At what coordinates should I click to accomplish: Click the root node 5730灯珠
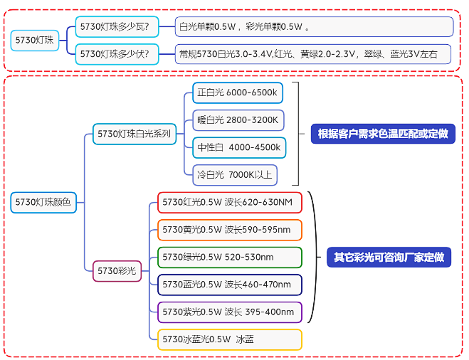coord(35,40)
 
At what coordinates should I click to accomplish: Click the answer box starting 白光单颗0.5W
coord(314,27)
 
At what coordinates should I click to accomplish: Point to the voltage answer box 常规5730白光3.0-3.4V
coord(314,53)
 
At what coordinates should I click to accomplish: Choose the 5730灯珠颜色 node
coord(43,202)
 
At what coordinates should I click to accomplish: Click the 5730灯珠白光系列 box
coord(135,134)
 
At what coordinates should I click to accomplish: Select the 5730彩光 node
coord(117,270)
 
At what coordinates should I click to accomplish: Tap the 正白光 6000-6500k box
coord(238,92)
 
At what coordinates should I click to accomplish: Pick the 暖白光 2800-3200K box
coord(238,120)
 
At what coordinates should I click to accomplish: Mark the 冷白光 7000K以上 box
coord(234,174)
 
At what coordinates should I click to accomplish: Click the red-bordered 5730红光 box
coord(230,202)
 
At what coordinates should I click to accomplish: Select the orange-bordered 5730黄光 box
coord(230,230)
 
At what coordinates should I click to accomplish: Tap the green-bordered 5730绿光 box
coord(230,257)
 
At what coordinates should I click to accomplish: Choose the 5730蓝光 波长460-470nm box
coord(230,285)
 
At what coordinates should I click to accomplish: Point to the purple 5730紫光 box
coord(230,312)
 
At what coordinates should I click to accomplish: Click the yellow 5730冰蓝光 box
coord(230,339)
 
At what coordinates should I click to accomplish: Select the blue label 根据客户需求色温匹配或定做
coord(381,134)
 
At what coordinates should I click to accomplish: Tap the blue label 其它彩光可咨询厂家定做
coord(389,257)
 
